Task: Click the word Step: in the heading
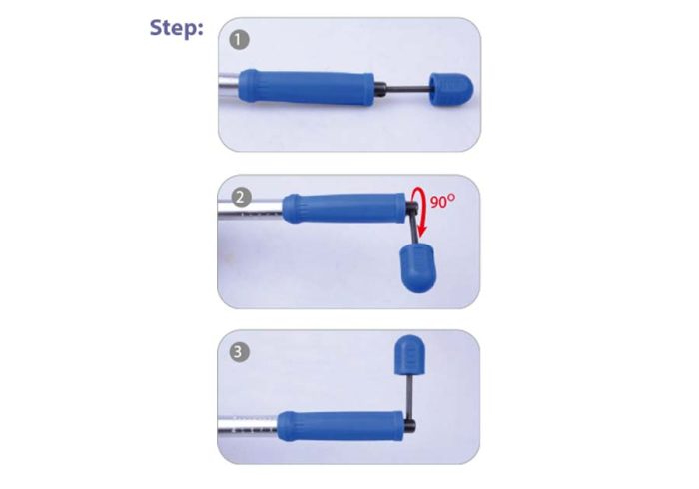click(176, 29)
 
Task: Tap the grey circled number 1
click(239, 40)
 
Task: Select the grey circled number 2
click(241, 197)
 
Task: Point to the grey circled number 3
click(239, 352)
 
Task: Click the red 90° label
click(442, 201)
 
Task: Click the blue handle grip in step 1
click(307, 87)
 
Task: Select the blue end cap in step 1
click(451, 90)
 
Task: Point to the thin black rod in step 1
click(407, 89)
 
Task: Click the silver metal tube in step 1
click(229, 87)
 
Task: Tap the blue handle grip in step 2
click(345, 208)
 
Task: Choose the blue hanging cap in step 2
click(417, 268)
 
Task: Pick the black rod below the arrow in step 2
click(414, 228)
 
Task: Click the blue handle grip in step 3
click(341, 426)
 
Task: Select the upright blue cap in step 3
click(409, 354)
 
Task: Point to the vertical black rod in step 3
click(410, 396)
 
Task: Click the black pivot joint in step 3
click(410, 425)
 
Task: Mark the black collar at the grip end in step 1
click(380, 88)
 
